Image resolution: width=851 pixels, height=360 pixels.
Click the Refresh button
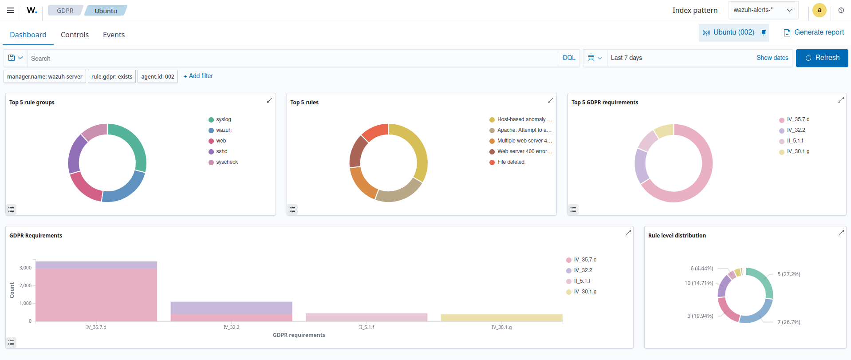(822, 58)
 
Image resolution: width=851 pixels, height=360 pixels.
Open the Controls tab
(75, 35)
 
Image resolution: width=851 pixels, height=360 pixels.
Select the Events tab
(114, 35)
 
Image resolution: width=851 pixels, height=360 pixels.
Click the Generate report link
(814, 32)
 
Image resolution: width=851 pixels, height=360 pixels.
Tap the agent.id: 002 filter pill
(158, 76)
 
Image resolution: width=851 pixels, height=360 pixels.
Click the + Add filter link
(198, 76)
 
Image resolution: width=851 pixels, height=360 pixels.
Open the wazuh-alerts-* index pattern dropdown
(763, 10)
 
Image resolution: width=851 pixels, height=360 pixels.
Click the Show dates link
(772, 58)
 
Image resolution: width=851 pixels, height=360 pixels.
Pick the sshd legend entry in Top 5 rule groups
(221, 151)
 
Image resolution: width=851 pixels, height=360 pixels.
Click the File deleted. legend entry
(511, 162)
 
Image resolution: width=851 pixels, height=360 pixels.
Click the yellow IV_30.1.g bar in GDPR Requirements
(501, 318)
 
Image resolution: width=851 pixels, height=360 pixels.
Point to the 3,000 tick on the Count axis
(25, 268)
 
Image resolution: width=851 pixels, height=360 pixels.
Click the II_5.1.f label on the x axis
(366, 327)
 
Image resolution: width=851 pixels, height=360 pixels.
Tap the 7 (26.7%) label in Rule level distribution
(788, 322)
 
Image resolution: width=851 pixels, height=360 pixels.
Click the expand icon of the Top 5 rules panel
(551, 100)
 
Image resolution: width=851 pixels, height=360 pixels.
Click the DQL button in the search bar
(569, 58)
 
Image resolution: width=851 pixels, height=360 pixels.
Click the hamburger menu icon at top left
(11, 10)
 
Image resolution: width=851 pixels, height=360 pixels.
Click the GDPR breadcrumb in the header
(65, 11)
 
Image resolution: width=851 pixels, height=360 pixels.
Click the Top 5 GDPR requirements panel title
(604, 102)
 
